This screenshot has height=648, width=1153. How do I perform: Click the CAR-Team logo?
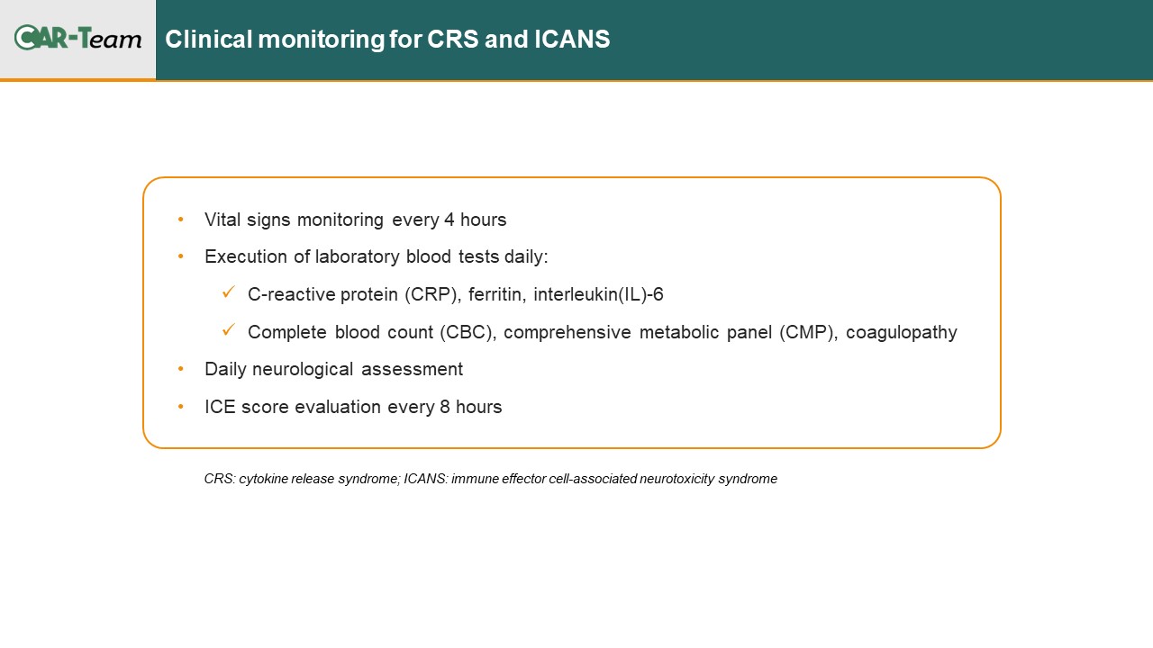click(77, 38)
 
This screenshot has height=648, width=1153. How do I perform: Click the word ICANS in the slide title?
click(572, 39)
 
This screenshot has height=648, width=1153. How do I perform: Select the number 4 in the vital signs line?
click(449, 220)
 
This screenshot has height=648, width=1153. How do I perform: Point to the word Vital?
click(222, 220)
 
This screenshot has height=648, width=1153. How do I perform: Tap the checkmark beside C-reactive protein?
click(229, 292)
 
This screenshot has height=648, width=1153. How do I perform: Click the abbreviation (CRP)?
click(433, 294)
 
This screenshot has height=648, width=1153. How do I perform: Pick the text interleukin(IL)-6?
click(598, 294)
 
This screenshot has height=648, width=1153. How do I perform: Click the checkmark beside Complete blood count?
click(229, 329)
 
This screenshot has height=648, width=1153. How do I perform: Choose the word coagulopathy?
click(902, 333)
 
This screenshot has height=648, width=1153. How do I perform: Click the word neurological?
click(303, 370)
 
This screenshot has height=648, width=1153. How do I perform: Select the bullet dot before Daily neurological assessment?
click(181, 369)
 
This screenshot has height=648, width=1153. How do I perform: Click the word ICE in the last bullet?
click(220, 407)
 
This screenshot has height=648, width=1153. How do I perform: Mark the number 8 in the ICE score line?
click(445, 407)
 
